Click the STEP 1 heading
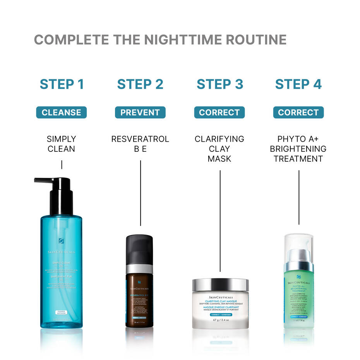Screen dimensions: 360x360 coord(62,84)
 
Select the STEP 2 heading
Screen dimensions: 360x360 coord(140,84)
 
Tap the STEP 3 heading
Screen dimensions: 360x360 coord(220,84)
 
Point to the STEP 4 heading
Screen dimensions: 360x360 coord(298,84)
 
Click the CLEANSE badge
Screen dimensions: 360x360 coord(62,113)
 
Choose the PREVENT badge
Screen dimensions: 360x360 coord(140,113)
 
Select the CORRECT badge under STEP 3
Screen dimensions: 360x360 coord(219,113)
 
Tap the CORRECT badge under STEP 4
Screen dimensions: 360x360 coord(298,113)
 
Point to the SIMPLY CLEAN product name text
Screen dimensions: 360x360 coord(62,144)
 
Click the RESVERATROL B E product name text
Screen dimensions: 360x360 coord(140,144)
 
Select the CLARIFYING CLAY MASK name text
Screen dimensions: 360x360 coord(219,149)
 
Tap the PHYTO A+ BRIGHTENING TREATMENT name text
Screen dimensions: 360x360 coord(298,149)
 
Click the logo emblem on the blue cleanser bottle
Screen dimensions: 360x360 coord(61,241)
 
